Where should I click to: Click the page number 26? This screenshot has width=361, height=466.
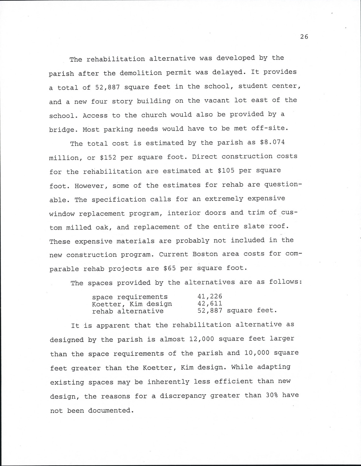point(304,37)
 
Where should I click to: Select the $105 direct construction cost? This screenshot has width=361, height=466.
point(226,171)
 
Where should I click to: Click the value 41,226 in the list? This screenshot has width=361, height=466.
point(210,296)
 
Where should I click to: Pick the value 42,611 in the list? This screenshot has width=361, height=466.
point(210,304)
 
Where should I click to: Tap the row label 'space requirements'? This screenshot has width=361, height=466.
point(130,297)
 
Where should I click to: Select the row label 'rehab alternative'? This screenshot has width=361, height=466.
point(127,311)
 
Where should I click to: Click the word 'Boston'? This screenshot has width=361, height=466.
point(205,254)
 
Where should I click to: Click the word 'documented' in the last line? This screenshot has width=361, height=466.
point(109,410)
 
